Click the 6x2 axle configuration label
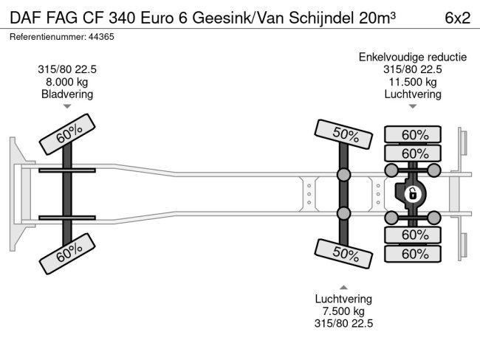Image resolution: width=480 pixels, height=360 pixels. click(x=457, y=18)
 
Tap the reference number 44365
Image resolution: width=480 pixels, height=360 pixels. click(x=101, y=37)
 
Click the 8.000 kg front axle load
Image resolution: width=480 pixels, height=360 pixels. click(x=67, y=82)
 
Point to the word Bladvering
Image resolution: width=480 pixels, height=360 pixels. click(x=67, y=94)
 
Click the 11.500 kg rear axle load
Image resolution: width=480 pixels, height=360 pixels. click(x=413, y=82)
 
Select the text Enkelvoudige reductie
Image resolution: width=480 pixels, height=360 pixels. click(x=413, y=58)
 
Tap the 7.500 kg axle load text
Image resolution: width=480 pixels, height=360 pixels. click(x=343, y=311)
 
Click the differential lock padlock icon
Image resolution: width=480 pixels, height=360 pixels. click(x=412, y=194)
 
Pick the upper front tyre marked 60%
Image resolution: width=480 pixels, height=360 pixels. click(x=67, y=134)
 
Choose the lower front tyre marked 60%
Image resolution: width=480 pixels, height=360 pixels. click(x=67, y=254)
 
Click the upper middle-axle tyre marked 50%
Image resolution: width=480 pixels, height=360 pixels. click(x=343, y=134)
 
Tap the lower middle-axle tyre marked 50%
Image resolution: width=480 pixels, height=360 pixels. click(x=343, y=254)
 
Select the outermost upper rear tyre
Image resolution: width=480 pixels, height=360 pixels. click(x=413, y=134)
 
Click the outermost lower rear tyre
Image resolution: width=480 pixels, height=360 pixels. click(x=413, y=254)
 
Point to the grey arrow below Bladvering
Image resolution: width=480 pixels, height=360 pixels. click(x=67, y=106)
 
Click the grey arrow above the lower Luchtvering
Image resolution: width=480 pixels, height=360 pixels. click(x=343, y=287)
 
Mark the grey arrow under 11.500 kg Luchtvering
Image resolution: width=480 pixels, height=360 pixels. click(x=413, y=106)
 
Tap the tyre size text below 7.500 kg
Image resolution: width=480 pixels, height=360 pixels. click(x=343, y=324)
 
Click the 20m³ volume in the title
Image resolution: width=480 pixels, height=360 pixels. click(x=377, y=18)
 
